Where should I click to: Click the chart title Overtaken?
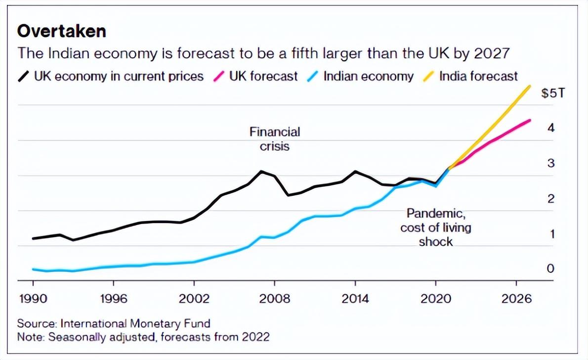(x=62, y=31)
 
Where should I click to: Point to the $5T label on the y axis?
(x=552, y=93)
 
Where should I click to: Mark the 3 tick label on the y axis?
(x=551, y=163)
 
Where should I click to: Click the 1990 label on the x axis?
(x=33, y=300)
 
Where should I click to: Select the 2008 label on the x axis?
(x=275, y=300)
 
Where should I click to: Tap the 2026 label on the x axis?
(x=516, y=300)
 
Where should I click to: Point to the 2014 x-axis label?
(x=355, y=300)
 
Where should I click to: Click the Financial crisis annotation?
(x=275, y=139)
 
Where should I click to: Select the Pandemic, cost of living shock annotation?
(x=436, y=227)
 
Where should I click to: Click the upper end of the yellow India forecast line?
(x=530, y=86)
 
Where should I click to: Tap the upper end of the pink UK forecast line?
(x=530, y=120)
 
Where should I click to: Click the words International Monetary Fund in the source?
(x=135, y=323)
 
